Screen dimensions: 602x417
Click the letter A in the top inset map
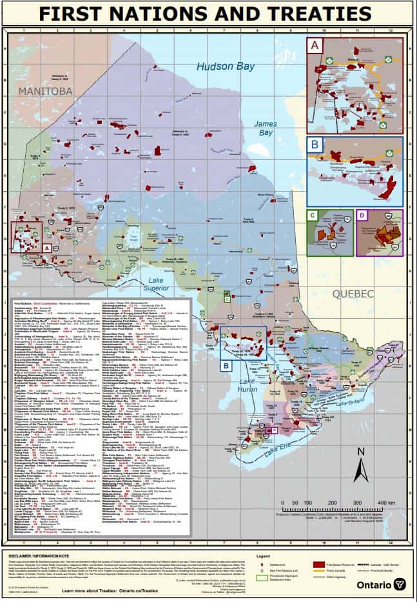(315, 46)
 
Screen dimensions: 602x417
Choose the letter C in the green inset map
(313, 216)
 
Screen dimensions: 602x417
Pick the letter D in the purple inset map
(362, 216)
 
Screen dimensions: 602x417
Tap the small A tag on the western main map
(46, 246)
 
